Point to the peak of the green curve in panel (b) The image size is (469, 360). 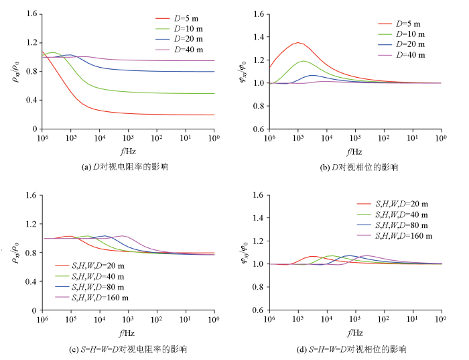point(304,61)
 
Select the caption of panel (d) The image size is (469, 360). point(355,349)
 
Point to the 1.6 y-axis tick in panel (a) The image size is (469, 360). point(29,13)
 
